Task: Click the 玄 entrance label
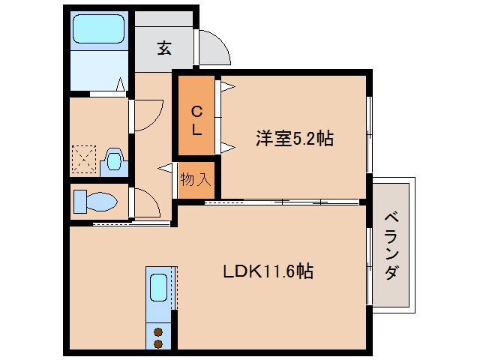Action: [x=163, y=49]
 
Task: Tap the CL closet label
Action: [x=196, y=121]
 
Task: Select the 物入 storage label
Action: [x=196, y=179]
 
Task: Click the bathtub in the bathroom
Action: [x=100, y=30]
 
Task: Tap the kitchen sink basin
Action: [x=159, y=286]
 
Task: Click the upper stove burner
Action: [x=159, y=331]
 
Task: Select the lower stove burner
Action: [x=159, y=343]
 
